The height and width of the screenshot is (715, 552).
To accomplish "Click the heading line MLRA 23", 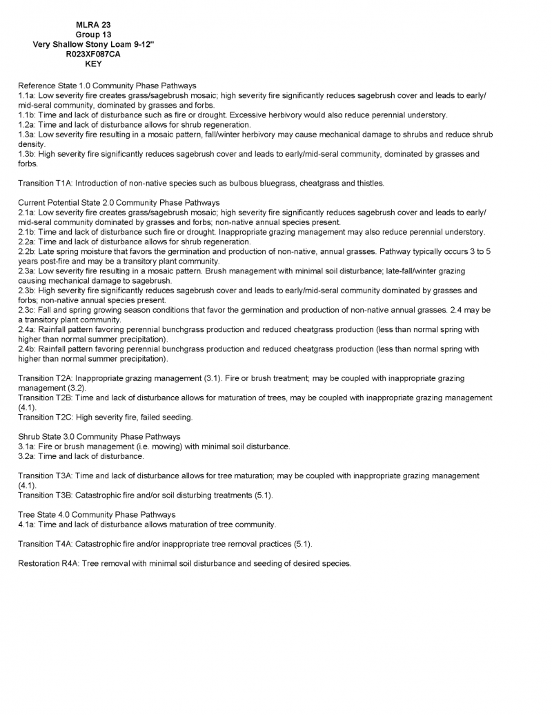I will tap(93, 25).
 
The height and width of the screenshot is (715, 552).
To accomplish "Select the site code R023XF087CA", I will tap(93, 54).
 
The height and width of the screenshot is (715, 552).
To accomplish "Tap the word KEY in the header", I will tap(93, 63).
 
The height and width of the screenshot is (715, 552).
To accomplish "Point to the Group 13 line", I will tap(93, 35).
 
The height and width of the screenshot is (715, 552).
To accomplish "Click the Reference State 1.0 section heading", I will tap(107, 86).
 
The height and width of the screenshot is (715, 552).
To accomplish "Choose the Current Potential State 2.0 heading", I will tap(119, 203).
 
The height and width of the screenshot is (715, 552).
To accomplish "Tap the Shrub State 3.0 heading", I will tap(99, 437).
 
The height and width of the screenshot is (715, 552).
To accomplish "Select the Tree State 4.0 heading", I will tap(97, 515).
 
